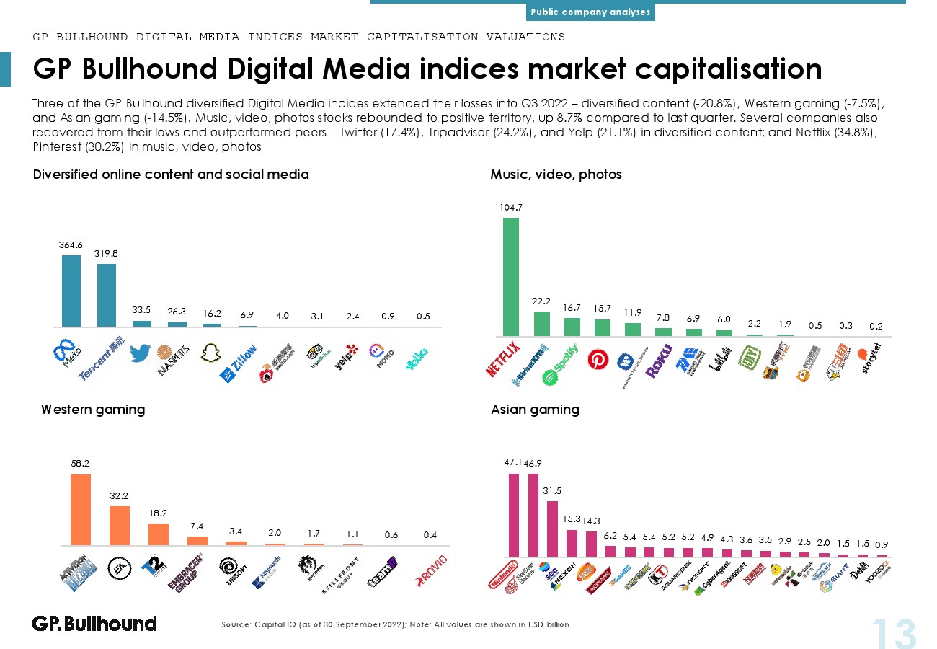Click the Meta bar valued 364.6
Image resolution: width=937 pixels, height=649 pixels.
click(71, 291)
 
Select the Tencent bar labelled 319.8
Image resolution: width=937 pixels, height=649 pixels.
click(107, 295)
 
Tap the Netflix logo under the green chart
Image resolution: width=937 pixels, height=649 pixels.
click(503, 358)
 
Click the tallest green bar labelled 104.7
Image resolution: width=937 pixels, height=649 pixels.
click(510, 276)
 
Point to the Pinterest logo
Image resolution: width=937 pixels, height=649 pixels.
click(598, 359)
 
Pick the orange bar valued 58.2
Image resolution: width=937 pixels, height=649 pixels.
click(81, 509)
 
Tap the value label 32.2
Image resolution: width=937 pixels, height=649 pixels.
click(119, 496)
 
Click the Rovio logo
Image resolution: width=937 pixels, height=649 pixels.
click(432, 568)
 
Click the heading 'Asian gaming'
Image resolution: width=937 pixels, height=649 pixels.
click(535, 410)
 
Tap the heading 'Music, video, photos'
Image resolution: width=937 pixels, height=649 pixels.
click(556, 175)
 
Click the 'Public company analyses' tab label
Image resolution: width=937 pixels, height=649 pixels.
click(590, 12)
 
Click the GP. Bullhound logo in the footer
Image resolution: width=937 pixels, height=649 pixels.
click(94, 624)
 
